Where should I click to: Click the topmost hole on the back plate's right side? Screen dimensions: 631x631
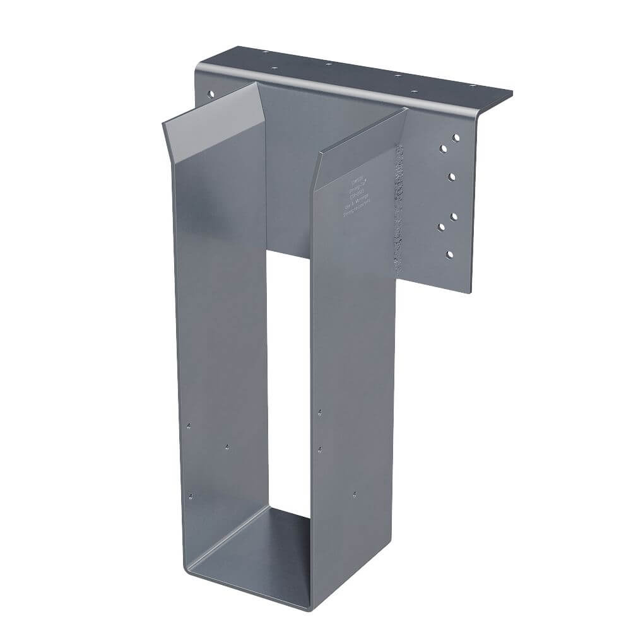(455, 136)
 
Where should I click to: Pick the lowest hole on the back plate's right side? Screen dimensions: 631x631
(449, 254)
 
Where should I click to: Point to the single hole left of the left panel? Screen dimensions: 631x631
(211, 94)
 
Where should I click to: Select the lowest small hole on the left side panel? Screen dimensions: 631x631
(192, 495)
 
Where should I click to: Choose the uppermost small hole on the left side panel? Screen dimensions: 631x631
(189, 425)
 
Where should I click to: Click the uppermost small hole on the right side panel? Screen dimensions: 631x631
(320, 412)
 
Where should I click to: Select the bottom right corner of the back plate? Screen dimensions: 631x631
(471, 292)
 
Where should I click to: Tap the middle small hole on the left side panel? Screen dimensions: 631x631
(228, 447)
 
